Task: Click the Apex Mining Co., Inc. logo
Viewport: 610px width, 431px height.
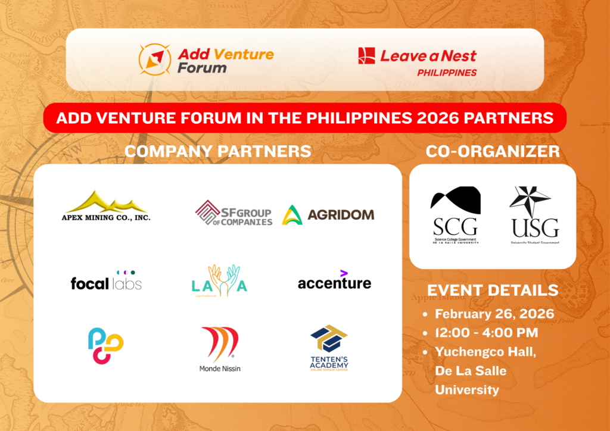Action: pyautogui.click(x=107, y=206)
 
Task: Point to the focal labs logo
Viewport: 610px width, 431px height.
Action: pyautogui.click(x=106, y=280)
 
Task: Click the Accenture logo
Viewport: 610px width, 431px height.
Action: pyautogui.click(x=334, y=281)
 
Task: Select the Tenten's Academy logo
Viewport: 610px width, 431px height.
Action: pyautogui.click(x=329, y=349)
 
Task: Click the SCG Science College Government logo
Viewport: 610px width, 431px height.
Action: pyautogui.click(x=455, y=215)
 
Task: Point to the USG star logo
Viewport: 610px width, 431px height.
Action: pyautogui.click(x=534, y=215)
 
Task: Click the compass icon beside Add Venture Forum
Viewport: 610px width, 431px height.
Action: pyautogui.click(x=152, y=60)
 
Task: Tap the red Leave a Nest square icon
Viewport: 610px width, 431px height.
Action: pyautogui.click(x=366, y=56)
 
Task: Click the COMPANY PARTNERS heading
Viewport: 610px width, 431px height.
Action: pyautogui.click(x=217, y=151)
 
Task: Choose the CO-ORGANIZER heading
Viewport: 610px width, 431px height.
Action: pyautogui.click(x=493, y=151)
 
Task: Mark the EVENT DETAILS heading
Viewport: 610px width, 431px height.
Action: pyautogui.click(x=493, y=290)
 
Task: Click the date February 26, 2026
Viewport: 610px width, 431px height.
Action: pyautogui.click(x=495, y=314)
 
